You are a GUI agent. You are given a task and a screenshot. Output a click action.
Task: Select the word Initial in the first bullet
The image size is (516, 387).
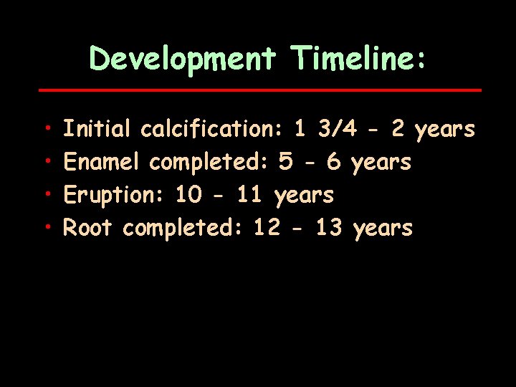(x=97, y=129)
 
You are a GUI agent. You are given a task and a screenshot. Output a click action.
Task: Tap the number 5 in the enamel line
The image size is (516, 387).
(x=285, y=162)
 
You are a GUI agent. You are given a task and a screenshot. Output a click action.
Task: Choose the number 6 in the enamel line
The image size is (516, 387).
(x=333, y=162)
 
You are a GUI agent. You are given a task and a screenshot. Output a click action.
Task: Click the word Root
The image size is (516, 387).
(x=87, y=228)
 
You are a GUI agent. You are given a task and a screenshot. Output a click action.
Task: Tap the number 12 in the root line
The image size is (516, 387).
(x=267, y=228)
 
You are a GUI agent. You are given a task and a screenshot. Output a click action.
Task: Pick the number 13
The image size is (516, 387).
(x=328, y=228)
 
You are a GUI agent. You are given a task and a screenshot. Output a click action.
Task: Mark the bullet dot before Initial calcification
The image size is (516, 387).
(x=46, y=130)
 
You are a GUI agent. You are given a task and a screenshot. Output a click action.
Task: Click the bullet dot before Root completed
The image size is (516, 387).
(x=46, y=229)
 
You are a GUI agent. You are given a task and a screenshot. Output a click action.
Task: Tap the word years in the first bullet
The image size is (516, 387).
(x=445, y=130)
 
